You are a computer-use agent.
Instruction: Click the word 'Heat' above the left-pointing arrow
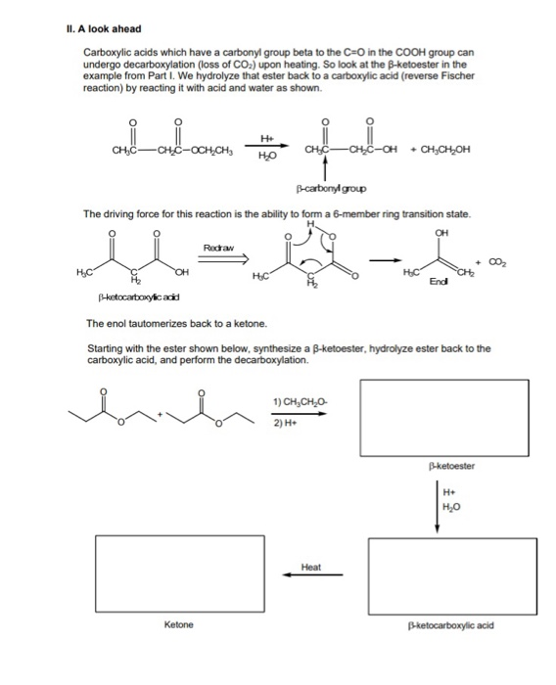(311, 566)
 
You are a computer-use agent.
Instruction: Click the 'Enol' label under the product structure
(427, 281)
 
